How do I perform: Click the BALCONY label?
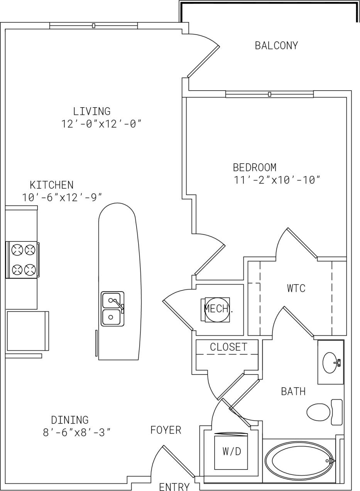coord(276,46)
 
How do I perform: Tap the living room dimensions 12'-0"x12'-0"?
coord(101,124)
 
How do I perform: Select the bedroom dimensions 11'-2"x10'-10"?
coord(277,180)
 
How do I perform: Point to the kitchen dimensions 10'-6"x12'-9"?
coord(62,197)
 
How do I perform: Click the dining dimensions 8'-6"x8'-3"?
coord(76,432)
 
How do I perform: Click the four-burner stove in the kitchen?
coord(23,260)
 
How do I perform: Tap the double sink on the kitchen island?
coord(112,309)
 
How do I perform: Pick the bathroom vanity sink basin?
coord(330,363)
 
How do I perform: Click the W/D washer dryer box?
coord(231,451)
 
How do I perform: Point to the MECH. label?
coord(218,309)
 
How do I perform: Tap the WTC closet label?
coord(296,288)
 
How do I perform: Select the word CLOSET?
coord(228,347)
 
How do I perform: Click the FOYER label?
coord(166,430)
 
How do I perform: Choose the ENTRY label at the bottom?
coord(174,487)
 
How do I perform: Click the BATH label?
coord(293,391)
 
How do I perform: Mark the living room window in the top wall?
coord(93,26)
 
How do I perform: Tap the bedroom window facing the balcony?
coord(269,94)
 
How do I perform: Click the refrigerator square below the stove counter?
coord(27,331)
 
